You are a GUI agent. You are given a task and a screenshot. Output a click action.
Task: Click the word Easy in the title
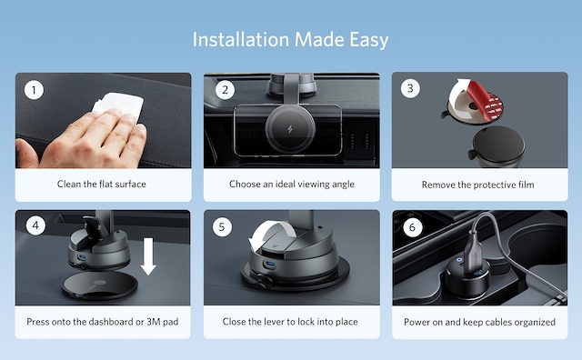(x=369, y=40)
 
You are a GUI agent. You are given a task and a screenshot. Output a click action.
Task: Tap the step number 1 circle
(x=34, y=90)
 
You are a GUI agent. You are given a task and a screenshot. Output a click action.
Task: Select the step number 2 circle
(x=225, y=90)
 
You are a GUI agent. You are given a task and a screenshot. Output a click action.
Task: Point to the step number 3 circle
(x=410, y=88)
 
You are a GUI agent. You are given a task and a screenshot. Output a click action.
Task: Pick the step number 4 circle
(x=35, y=225)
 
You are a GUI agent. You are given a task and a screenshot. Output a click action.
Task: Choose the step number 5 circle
(x=222, y=226)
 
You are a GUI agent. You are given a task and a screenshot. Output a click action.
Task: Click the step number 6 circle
(x=412, y=227)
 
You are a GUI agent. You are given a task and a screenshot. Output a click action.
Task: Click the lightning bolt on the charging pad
(x=290, y=129)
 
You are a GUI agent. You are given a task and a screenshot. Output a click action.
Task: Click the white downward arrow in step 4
(x=148, y=256)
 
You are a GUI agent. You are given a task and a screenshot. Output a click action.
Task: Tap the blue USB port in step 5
(x=270, y=265)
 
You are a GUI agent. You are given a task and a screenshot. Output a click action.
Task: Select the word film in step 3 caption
(x=526, y=185)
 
